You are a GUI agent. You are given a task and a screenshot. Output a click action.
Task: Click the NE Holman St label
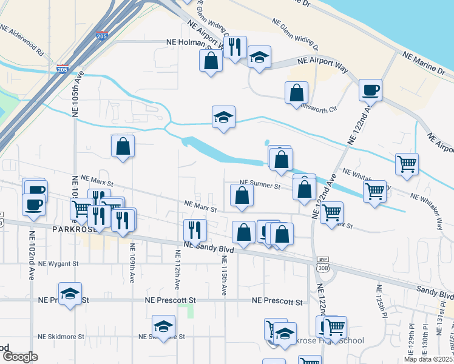pos(188,42)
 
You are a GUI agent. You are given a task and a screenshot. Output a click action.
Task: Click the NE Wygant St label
pos(58,264)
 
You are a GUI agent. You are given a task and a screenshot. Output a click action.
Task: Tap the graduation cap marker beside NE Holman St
pos(259,58)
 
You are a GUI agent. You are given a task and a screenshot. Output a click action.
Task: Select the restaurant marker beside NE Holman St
pos(235,47)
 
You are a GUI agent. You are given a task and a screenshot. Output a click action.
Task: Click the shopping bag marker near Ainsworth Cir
pos(296,93)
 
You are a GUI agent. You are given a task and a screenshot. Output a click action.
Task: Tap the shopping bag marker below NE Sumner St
pos(242,196)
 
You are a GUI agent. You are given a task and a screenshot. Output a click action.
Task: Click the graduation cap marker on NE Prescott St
pos(70,294)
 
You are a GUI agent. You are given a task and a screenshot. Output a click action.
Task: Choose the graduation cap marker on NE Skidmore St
pos(163,327)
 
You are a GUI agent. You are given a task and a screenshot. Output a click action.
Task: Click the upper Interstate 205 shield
pos(102,36)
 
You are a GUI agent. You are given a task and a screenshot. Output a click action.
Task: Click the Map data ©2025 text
pos(429,358)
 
